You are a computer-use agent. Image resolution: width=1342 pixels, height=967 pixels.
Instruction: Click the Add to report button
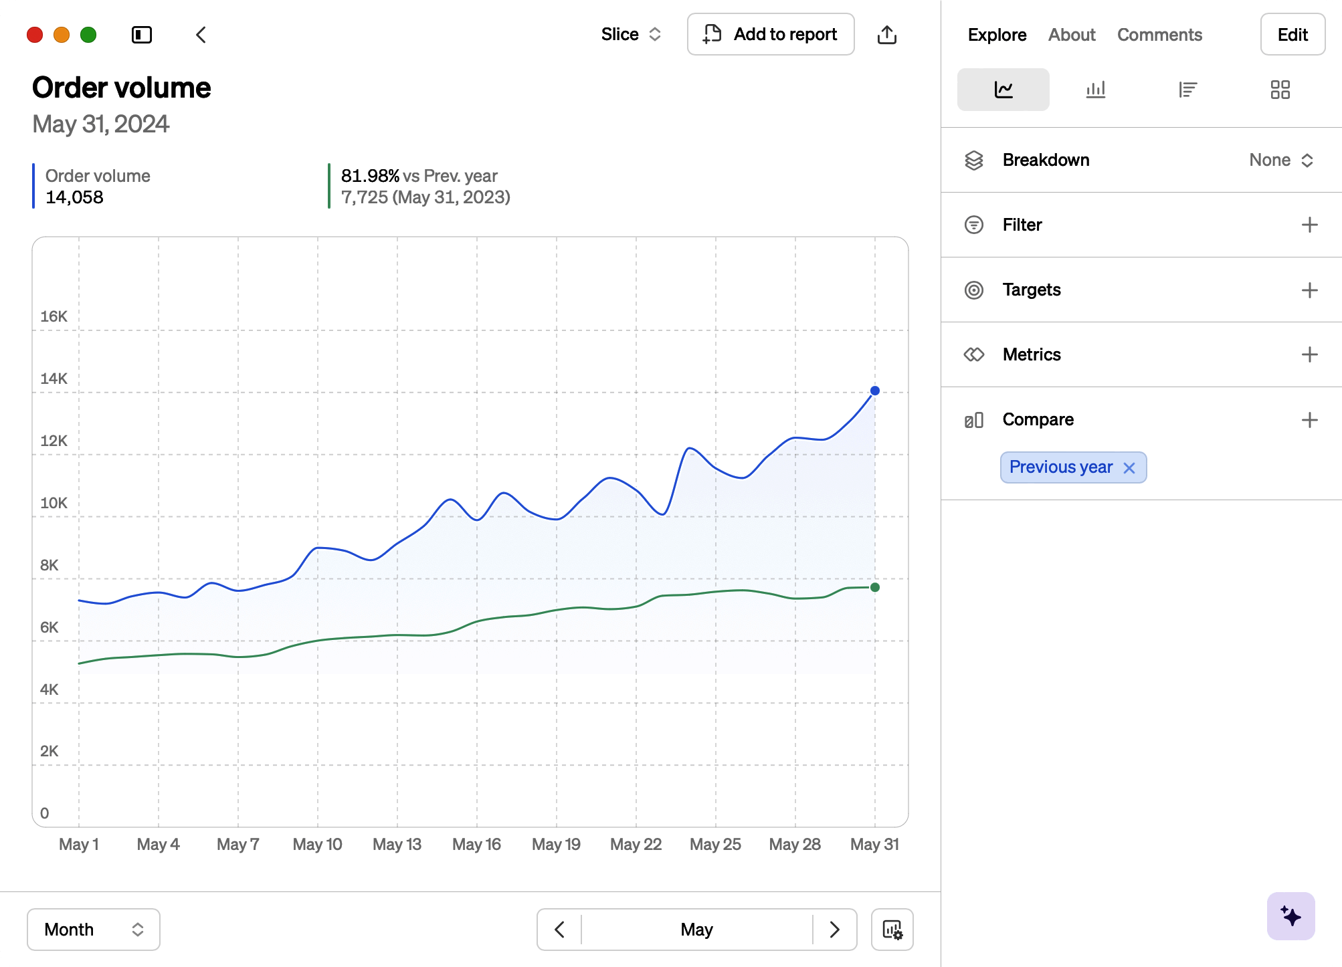[x=771, y=34]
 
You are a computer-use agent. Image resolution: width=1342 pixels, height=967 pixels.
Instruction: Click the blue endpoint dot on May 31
[x=875, y=391]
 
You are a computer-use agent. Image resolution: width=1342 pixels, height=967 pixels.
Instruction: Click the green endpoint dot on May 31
[x=875, y=587]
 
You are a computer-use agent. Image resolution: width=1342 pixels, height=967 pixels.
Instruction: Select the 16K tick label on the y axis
[x=54, y=316]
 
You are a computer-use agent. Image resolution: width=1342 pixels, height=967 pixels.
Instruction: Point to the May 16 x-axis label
[x=476, y=844]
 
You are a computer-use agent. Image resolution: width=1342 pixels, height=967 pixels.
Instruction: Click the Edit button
[x=1292, y=34]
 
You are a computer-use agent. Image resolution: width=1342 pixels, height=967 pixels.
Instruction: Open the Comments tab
[x=1159, y=35]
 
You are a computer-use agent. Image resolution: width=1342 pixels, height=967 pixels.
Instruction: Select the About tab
[x=1072, y=35]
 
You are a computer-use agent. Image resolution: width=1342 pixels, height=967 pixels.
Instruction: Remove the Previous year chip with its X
[x=1129, y=468]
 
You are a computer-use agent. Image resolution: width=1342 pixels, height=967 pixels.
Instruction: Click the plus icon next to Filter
[x=1309, y=225]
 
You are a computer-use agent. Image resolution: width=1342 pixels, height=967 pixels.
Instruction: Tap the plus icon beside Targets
[x=1309, y=290]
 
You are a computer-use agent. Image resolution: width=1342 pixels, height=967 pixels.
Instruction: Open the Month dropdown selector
[x=94, y=930]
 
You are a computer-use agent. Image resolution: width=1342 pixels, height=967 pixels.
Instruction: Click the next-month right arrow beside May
[x=834, y=930]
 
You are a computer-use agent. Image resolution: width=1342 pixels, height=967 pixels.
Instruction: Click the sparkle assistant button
[x=1290, y=916]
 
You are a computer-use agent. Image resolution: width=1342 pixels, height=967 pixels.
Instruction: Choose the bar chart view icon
[x=1095, y=90]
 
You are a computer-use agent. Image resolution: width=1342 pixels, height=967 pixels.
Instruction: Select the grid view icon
[x=1280, y=90]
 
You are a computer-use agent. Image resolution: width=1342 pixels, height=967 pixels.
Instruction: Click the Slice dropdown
[x=631, y=34]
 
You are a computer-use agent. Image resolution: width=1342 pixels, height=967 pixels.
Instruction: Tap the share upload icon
[x=886, y=34]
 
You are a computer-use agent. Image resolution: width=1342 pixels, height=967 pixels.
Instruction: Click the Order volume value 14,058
[x=74, y=197]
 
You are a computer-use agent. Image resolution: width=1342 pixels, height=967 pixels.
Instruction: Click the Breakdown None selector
[x=1281, y=160]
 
